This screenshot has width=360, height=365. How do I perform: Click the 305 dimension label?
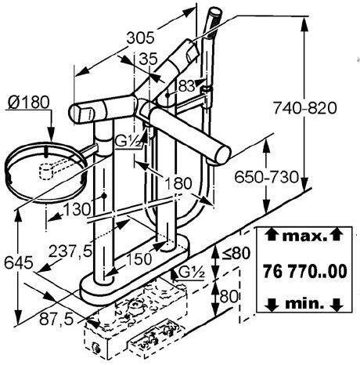pos(140,38)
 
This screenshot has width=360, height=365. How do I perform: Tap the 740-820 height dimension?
pos(305,108)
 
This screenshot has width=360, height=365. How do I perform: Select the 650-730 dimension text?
pos(266,177)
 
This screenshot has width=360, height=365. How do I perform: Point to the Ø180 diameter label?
pos(29,102)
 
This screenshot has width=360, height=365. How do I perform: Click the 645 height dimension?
pos(19,262)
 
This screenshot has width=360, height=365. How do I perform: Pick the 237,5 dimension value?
pos(70,251)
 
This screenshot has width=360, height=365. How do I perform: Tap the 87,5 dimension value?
pos(56,319)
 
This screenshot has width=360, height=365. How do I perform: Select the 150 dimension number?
pos(139,259)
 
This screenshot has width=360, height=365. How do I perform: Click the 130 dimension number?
pos(77,209)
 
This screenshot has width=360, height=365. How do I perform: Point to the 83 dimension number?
pos(186,86)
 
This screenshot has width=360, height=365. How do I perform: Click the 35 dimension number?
pos(148,59)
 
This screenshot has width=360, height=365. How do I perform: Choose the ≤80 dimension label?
pos(236,253)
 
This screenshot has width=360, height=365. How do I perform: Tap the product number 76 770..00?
pos(304,271)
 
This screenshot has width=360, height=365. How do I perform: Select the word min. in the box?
pos(304,303)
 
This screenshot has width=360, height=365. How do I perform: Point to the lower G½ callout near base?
pos(193,273)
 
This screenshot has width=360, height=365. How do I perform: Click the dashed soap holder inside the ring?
pos(47,171)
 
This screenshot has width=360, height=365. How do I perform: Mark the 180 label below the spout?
pos(178,183)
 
